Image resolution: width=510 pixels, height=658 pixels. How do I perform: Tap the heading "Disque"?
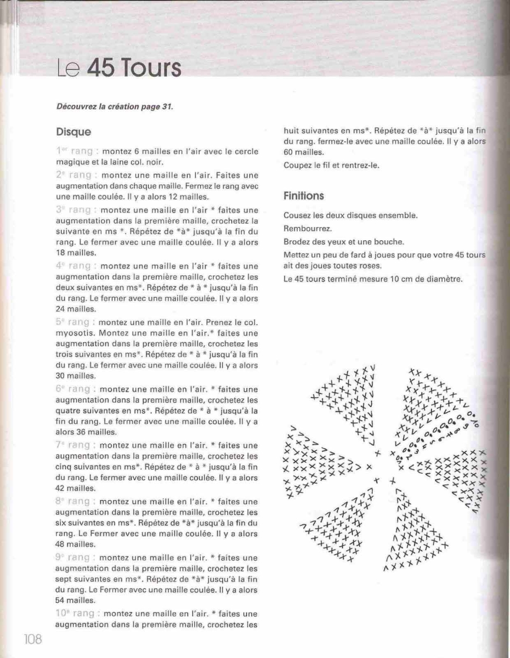pos(73,132)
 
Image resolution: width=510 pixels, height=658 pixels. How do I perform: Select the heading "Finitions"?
pos(303,196)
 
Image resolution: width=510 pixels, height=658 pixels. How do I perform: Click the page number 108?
pos(32,639)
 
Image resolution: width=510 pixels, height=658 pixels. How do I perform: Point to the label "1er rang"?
pos(77,151)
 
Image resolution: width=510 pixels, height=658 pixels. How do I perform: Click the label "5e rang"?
pos(76,322)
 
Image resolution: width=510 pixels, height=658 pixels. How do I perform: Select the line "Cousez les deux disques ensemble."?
pos(350,215)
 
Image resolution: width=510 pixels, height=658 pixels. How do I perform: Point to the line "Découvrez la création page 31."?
pos(115,106)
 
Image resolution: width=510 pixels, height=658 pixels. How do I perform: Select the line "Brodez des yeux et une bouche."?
pos(343,241)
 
